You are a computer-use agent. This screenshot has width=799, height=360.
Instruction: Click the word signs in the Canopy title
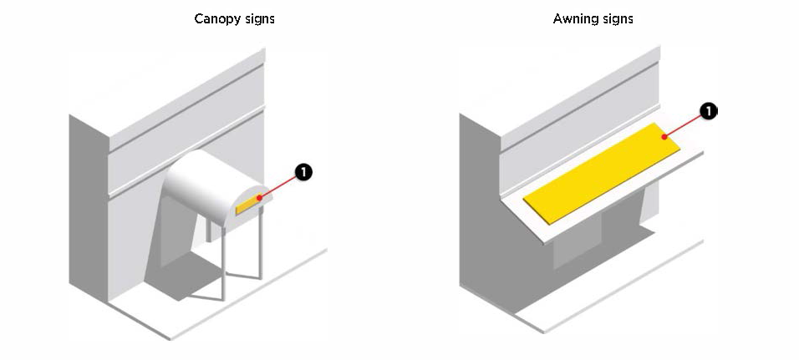(x=258, y=18)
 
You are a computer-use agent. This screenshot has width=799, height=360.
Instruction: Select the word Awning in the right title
(x=573, y=18)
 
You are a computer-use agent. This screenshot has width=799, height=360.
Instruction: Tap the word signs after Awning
(x=616, y=18)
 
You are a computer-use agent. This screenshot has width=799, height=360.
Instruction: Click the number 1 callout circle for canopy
(x=303, y=172)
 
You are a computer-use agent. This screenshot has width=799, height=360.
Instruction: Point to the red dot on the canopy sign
(x=260, y=198)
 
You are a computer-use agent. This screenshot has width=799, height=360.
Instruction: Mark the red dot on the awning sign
(x=664, y=135)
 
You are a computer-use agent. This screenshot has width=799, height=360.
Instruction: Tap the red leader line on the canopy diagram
(x=280, y=185)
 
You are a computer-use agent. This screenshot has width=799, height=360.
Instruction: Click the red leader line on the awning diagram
(x=685, y=123)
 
